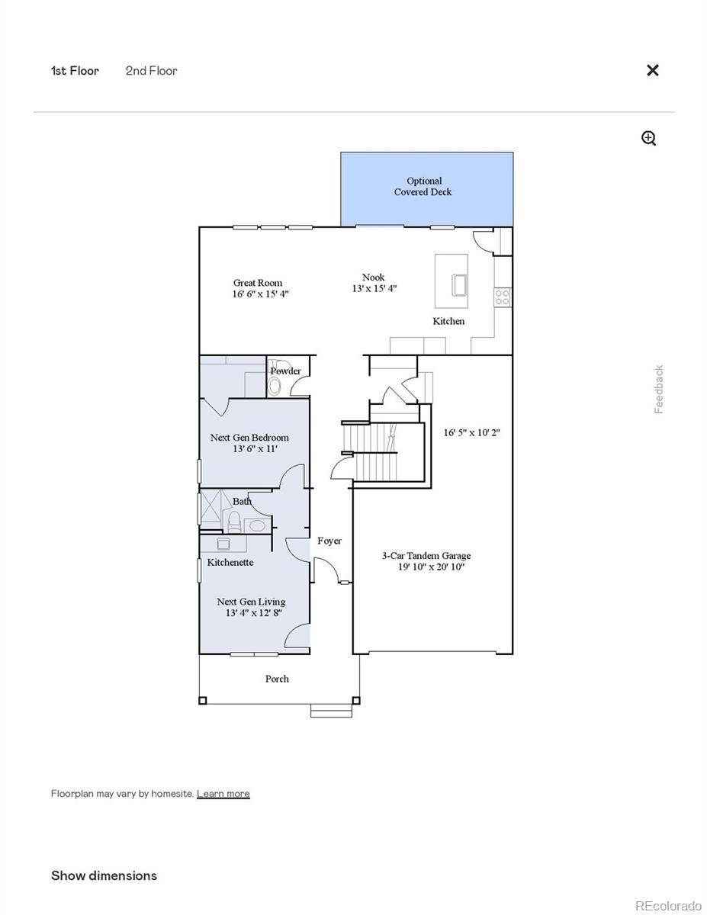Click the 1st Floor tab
tap(75, 71)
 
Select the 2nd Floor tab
tap(151, 71)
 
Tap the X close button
tap(653, 70)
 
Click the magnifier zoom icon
tap(649, 138)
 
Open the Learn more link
tap(223, 794)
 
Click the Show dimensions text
tap(104, 875)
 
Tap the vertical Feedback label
tap(659, 389)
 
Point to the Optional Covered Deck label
tap(423, 187)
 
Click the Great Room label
tap(258, 283)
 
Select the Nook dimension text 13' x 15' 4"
tap(374, 289)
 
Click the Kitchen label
tap(448, 321)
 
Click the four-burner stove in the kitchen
tap(502, 297)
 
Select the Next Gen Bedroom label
tap(249, 438)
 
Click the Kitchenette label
tap(230, 562)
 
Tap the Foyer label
tap(329, 541)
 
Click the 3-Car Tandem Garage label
tap(426, 556)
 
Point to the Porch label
tap(277, 679)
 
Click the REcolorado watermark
tap(668, 905)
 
